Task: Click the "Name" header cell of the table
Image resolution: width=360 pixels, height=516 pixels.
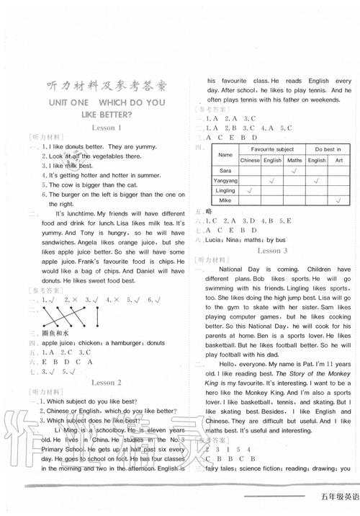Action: pos(225,154)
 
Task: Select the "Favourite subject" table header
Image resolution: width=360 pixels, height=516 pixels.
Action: pos(271,148)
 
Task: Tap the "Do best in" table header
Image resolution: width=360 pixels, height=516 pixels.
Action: pos(328,148)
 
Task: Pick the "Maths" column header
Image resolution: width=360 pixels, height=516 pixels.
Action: pos(294,160)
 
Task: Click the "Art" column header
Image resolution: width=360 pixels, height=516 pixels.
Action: pos(339,160)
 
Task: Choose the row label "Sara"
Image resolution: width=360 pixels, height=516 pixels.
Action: pos(225,171)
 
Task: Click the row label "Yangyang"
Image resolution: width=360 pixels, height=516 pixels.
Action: pos(225,181)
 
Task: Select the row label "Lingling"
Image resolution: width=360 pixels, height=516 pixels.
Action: pos(225,191)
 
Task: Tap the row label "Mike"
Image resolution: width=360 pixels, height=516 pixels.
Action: pos(225,201)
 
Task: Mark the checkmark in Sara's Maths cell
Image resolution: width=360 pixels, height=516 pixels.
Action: pos(294,171)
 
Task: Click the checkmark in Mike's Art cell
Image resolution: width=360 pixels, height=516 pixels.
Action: pos(339,201)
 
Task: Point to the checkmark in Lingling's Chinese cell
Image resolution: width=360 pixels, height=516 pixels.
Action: pos(249,191)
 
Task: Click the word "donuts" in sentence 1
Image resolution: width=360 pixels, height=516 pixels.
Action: pos(74,146)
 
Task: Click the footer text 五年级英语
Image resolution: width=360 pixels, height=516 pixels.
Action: pos(336,497)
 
